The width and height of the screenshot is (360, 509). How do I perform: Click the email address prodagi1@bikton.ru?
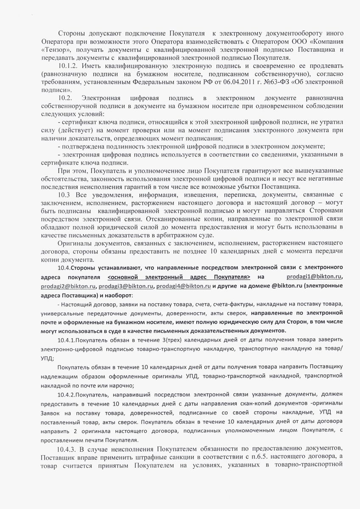click(x=314, y=277)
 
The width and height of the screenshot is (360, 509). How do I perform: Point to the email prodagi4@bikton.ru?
click(x=184, y=286)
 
